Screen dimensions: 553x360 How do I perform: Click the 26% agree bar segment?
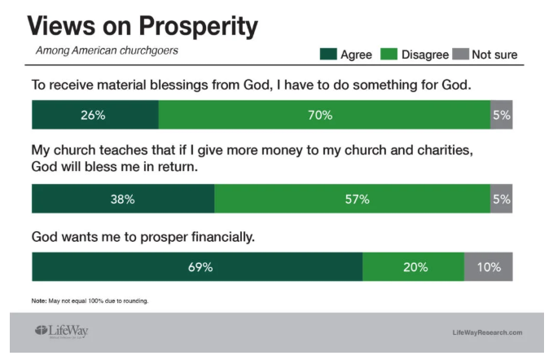(95, 115)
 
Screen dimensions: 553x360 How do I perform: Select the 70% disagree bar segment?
(324, 115)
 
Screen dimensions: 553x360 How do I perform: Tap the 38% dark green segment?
(123, 199)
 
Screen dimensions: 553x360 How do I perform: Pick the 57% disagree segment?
(353, 199)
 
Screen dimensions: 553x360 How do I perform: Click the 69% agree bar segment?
(197, 266)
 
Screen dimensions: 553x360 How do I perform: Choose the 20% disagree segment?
(414, 266)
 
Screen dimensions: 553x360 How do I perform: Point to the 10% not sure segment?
(489, 266)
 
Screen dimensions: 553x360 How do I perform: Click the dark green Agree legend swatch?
(328, 55)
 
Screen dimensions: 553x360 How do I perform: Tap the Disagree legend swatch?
(389, 55)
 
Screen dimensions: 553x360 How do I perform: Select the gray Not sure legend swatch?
(461, 55)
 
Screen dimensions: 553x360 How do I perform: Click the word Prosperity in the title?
(198, 26)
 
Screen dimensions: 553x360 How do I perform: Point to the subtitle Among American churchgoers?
(107, 50)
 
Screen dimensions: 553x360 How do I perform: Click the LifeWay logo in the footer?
(61, 331)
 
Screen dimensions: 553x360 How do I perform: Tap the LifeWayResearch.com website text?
(487, 332)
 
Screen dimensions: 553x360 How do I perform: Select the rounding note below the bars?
(90, 301)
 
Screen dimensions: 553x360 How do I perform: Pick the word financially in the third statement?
(223, 237)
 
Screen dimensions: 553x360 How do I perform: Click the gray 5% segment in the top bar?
(502, 115)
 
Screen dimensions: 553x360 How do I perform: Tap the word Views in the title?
(61, 26)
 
